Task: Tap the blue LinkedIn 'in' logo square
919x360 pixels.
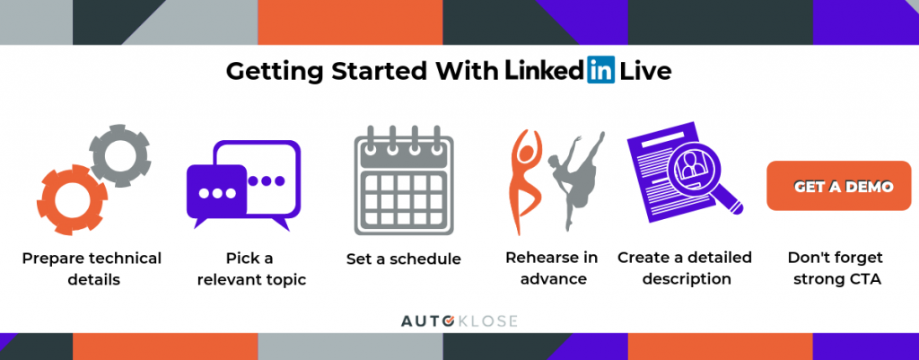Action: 600,69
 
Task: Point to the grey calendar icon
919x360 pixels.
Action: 403,180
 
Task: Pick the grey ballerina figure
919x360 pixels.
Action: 574,179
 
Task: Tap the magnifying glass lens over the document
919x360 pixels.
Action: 696,168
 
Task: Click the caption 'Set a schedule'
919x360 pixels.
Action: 403,259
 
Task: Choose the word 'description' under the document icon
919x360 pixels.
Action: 687,279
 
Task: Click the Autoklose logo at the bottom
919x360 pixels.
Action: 459,321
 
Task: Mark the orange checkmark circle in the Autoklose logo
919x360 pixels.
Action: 448,321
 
